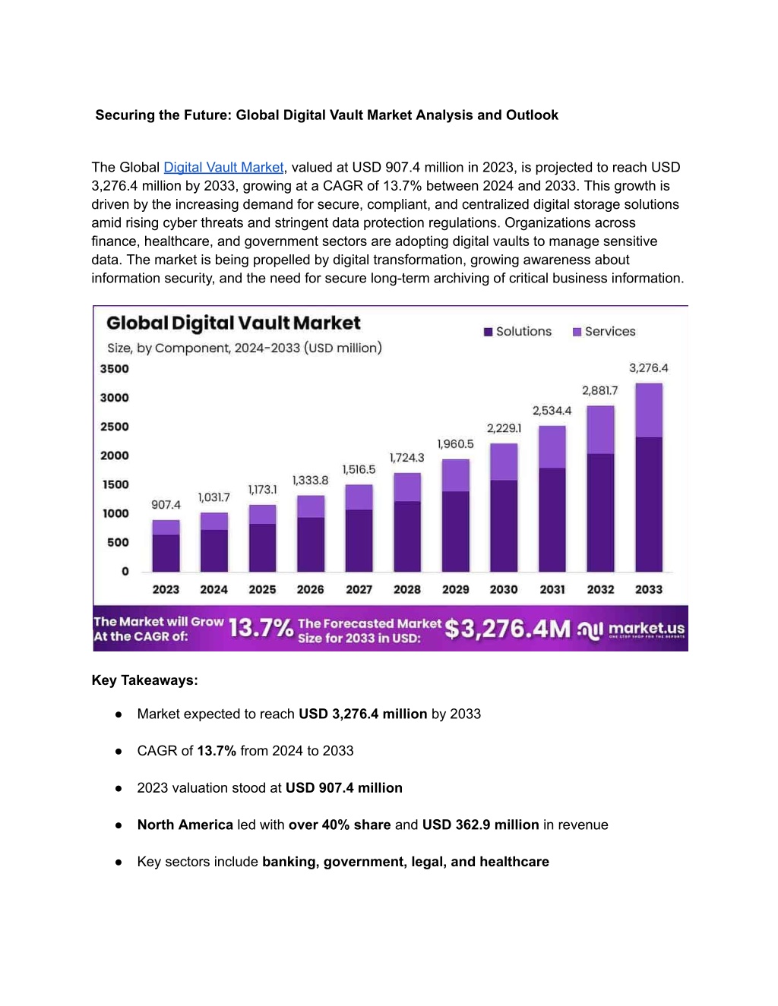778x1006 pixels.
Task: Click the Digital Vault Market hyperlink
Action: coord(223,167)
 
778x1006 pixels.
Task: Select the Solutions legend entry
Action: coord(517,332)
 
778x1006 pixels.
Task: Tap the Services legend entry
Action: coord(604,332)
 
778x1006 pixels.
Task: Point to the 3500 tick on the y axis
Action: coord(115,369)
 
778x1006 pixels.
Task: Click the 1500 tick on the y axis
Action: coord(115,484)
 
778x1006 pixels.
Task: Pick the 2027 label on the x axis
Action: coord(359,589)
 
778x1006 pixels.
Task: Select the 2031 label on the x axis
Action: coord(552,589)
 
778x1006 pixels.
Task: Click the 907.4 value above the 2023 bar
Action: coord(166,505)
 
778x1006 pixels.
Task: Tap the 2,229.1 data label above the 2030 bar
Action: coord(504,428)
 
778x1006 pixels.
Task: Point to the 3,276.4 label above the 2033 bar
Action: coord(648,368)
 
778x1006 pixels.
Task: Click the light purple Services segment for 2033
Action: coord(649,410)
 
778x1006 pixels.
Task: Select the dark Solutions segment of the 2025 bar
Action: coord(262,547)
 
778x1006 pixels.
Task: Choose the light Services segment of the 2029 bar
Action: coord(456,475)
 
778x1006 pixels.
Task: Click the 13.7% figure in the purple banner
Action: coord(261,628)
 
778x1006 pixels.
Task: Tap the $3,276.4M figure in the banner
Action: coord(508,629)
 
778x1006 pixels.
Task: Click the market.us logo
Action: coord(631,629)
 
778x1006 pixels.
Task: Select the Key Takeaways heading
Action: coord(144,680)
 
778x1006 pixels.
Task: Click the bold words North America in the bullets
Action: coord(185,825)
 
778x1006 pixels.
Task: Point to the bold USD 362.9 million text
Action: coord(481,825)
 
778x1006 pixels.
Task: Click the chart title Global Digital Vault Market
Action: coord(233,323)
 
